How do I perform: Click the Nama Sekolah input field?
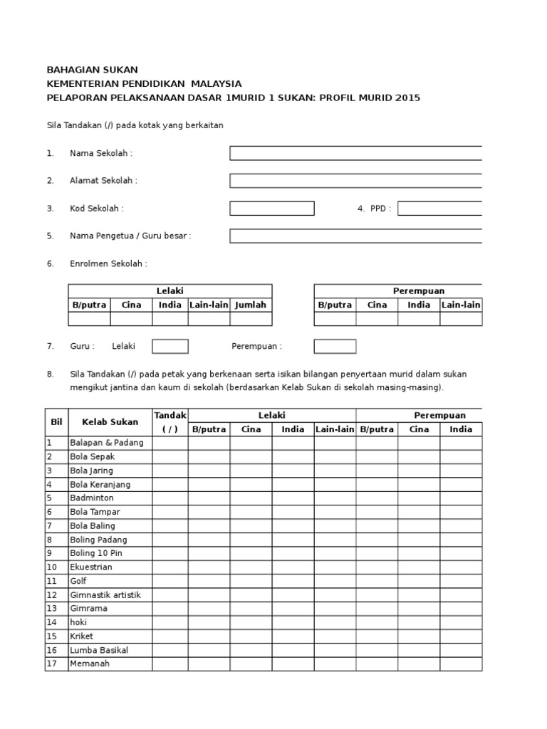[x=355, y=153]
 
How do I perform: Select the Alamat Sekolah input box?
[x=355, y=181]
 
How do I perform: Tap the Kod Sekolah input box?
[x=271, y=209]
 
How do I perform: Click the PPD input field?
[x=439, y=209]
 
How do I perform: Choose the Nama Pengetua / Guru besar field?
[x=355, y=236]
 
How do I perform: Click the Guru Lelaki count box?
[x=170, y=347]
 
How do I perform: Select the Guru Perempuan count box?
[x=335, y=347]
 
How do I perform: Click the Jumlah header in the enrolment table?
[x=251, y=305]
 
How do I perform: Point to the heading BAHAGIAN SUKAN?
[x=92, y=70]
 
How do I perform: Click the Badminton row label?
[x=92, y=498]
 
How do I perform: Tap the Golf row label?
[x=79, y=581]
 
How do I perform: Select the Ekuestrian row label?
[x=91, y=567]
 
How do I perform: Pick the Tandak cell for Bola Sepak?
[x=170, y=456]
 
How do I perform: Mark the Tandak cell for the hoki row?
[x=170, y=623]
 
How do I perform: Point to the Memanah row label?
[x=90, y=664]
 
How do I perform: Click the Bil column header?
[x=56, y=422]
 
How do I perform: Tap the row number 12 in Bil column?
[x=52, y=595]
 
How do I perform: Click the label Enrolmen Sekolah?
[x=108, y=264]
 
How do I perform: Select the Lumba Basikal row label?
[x=100, y=651]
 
